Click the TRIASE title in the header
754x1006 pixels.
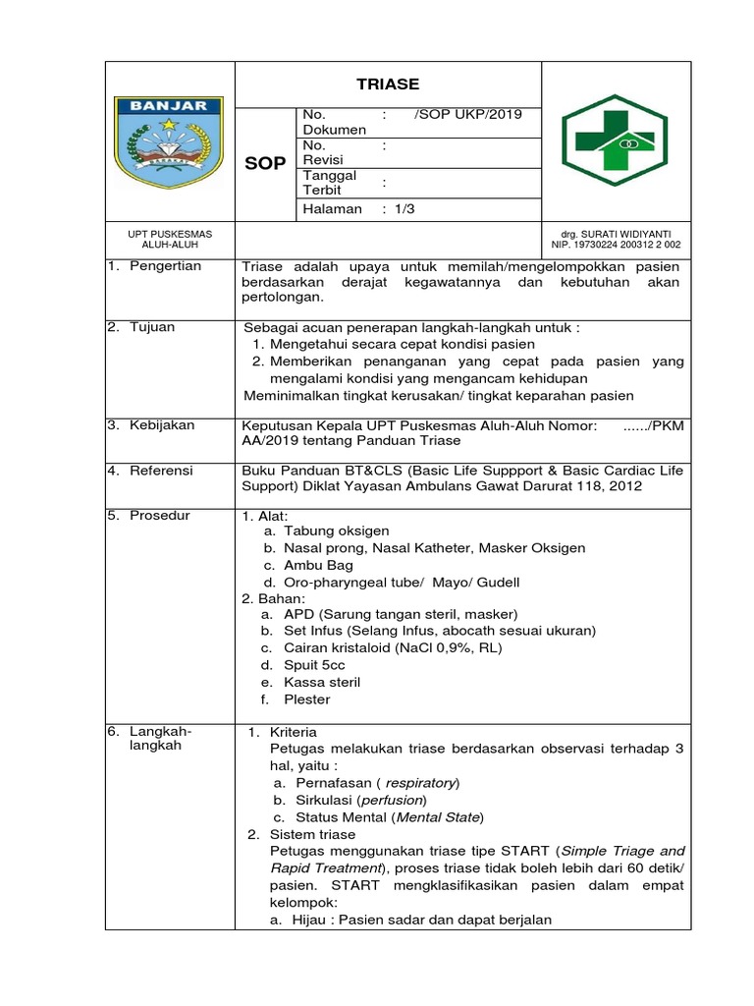point(387,84)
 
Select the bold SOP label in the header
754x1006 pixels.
point(265,163)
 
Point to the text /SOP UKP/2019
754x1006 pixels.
point(468,114)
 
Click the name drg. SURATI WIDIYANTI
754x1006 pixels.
point(616,234)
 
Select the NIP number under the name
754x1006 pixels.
point(616,245)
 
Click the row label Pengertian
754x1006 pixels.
point(165,266)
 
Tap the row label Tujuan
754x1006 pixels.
point(152,327)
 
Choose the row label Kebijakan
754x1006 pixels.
point(162,425)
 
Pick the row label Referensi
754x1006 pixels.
point(161,471)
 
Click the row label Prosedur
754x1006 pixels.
point(160,516)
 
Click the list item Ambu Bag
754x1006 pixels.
point(318,566)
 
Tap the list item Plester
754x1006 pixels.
point(306,699)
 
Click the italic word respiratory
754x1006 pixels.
point(420,783)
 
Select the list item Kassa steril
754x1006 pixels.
point(322,682)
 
